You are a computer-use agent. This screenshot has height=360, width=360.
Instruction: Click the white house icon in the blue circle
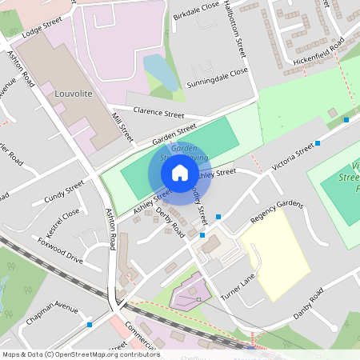[180, 172]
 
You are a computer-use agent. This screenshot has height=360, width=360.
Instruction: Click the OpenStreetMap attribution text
[81, 354]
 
